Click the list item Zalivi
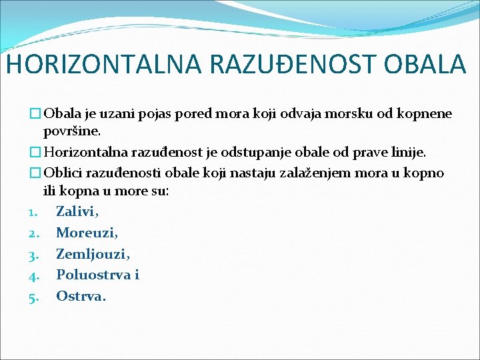click(x=77, y=212)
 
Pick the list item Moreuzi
click(x=86, y=233)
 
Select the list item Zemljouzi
click(x=92, y=254)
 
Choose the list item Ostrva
click(x=80, y=296)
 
